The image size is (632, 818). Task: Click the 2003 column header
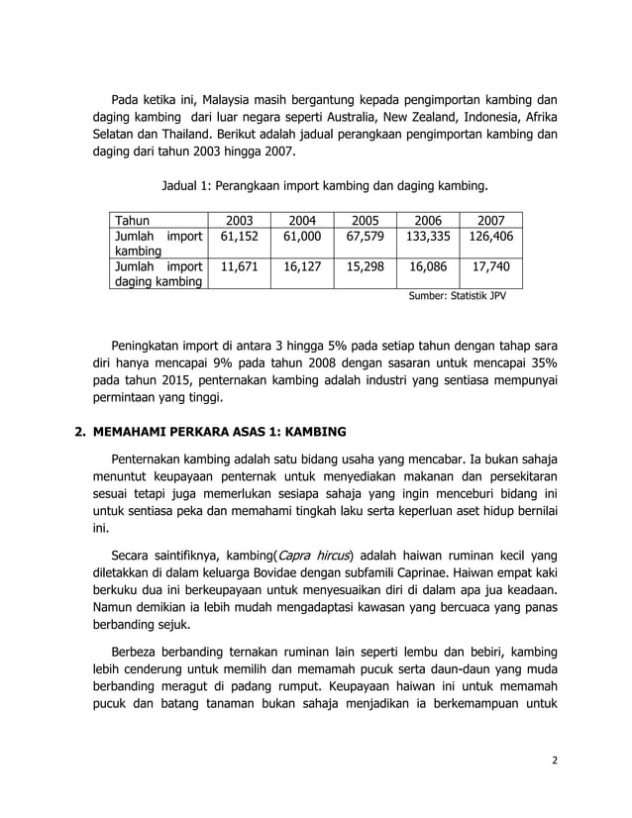point(240,221)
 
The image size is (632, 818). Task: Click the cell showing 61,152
point(240,238)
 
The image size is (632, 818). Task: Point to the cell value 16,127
point(302,266)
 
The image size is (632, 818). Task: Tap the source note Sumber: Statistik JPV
point(458,295)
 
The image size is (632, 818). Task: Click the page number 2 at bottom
point(555,760)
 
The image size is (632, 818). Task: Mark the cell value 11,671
point(240,266)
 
